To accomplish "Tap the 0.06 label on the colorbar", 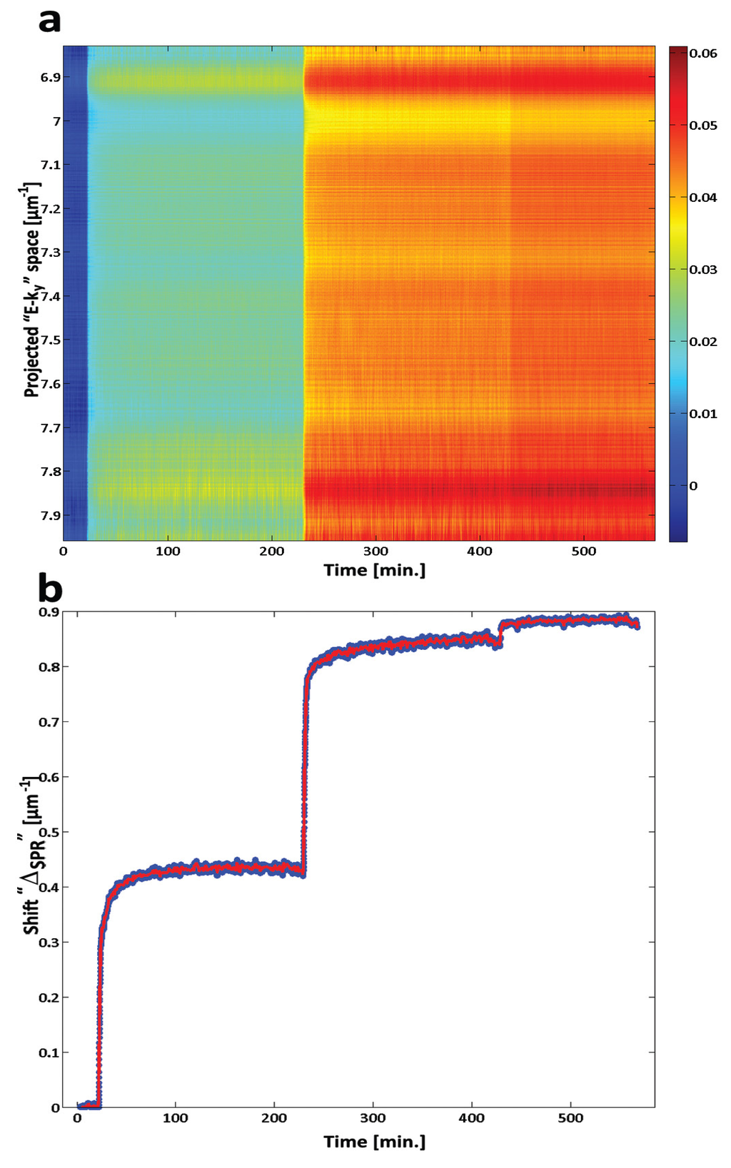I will pos(703,53).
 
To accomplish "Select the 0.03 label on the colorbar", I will pos(703,270).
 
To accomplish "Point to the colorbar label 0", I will pos(693,486).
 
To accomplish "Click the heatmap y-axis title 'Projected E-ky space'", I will pos(31,289).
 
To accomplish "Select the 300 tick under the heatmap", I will pos(375,552).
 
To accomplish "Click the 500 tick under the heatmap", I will pos(584,552).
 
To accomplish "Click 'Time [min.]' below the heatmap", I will pos(374,570).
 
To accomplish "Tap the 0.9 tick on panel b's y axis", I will pos(49,611).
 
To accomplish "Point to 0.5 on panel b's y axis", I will pos(49,832).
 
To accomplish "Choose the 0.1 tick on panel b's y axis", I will pos(49,1052).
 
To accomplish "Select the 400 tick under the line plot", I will pos(472,1118).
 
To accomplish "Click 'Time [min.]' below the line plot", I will pos(374,1142).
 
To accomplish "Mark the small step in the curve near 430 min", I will pos(500,634).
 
